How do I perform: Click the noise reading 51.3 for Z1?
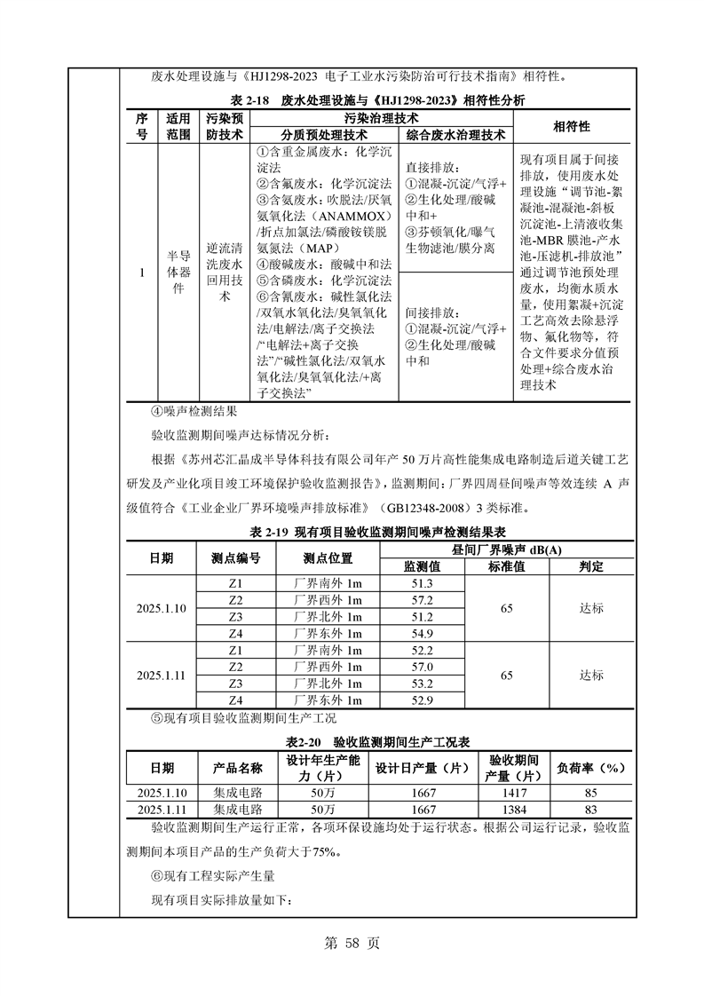pos(422,583)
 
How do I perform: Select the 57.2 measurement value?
pos(422,600)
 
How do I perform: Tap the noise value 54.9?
pos(422,634)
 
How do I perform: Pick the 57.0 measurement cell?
pos(422,667)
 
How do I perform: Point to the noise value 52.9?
pos(422,700)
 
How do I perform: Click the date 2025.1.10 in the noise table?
pos(162,609)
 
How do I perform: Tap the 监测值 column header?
pos(422,566)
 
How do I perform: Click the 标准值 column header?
pos(507,566)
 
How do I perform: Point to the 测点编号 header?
pos(235,558)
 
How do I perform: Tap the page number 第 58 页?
pos(352,944)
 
